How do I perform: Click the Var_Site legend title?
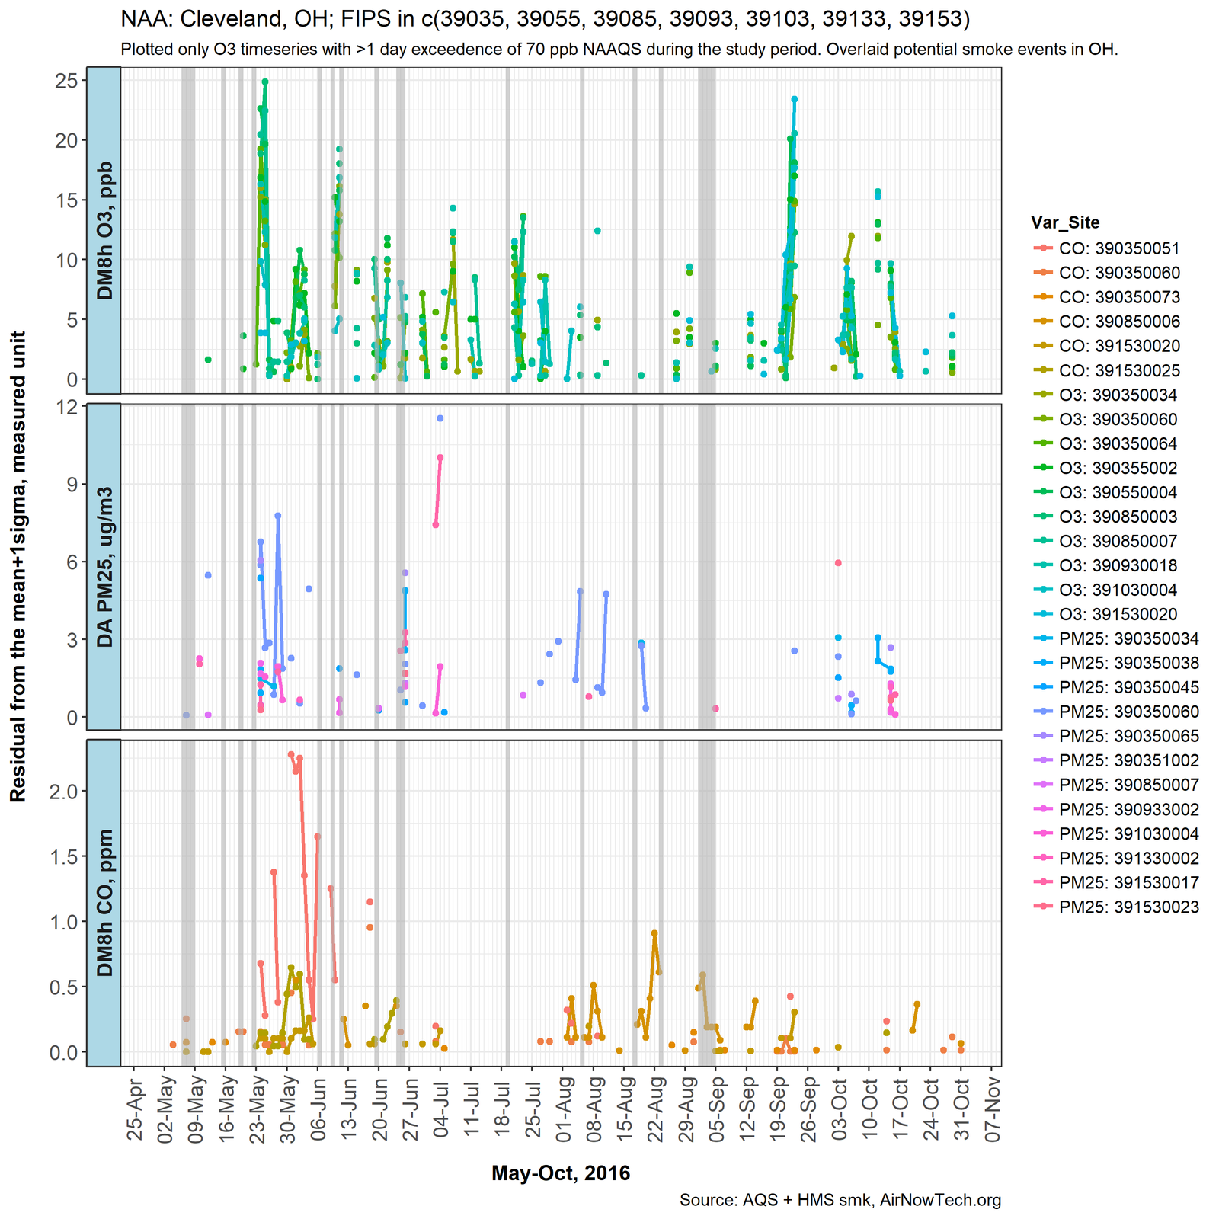coord(1065,222)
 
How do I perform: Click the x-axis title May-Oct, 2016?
coord(561,1173)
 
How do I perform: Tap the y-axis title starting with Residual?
coord(18,566)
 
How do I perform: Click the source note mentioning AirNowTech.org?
coord(840,1201)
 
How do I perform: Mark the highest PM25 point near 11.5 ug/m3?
coord(440,418)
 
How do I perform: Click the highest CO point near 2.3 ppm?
coord(291,754)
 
